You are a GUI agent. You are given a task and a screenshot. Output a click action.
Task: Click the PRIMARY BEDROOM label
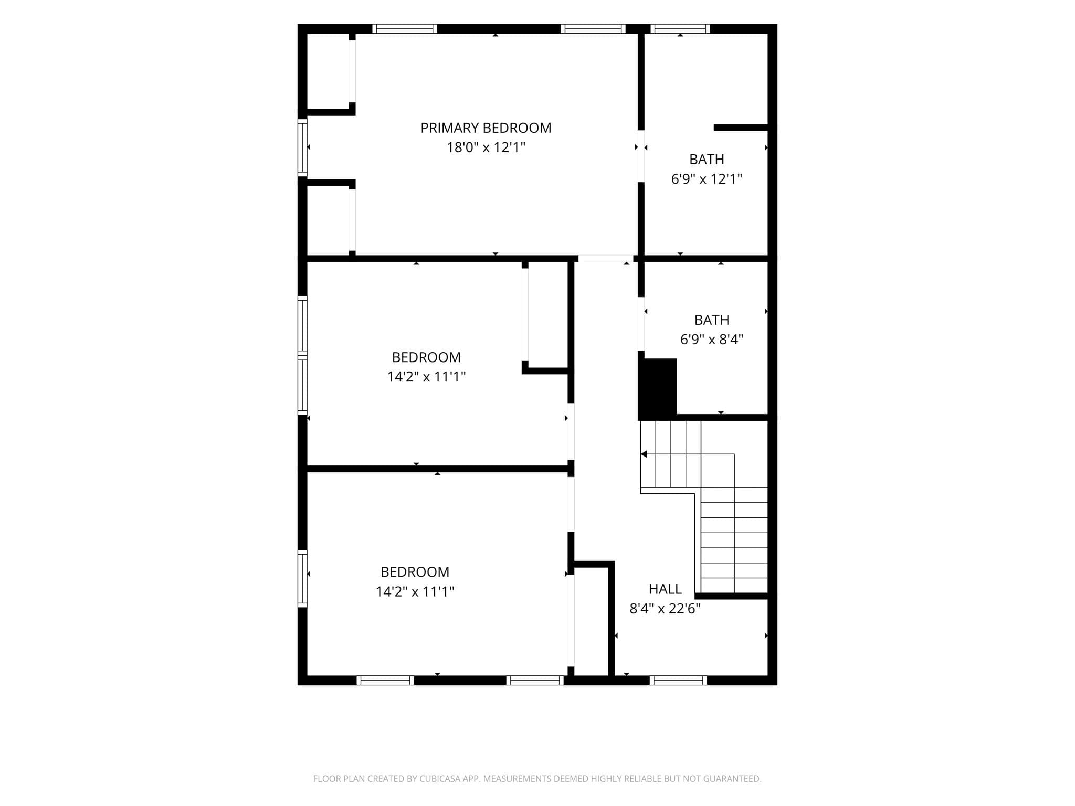pyautogui.click(x=486, y=128)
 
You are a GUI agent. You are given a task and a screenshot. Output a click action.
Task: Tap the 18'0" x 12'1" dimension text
pyautogui.click(x=486, y=147)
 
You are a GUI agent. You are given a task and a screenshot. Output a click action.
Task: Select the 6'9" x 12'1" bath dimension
pyautogui.click(x=707, y=179)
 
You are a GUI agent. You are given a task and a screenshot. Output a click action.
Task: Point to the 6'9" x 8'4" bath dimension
pyautogui.click(x=712, y=340)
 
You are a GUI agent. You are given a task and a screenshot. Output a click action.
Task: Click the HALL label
pyautogui.click(x=665, y=589)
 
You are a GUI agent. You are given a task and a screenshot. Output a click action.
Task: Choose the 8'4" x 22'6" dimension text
pyautogui.click(x=665, y=609)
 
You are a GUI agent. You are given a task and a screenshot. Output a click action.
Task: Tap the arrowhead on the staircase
pyautogui.click(x=644, y=454)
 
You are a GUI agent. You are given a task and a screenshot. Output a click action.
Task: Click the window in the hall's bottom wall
pyautogui.click(x=678, y=681)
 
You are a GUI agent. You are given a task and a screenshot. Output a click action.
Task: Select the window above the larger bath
pyautogui.click(x=680, y=29)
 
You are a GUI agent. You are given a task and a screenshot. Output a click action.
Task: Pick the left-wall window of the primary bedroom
pyautogui.click(x=302, y=147)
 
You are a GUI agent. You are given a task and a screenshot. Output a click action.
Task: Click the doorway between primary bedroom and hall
pyautogui.click(x=605, y=259)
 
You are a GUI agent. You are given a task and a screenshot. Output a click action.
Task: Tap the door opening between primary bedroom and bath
pyautogui.click(x=641, y=156)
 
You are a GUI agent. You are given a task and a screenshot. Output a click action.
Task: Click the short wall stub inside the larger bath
pyautogui.click(x=741, y=128)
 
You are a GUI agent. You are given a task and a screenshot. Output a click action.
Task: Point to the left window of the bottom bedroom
pyautogui.click(x=302, y=579)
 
